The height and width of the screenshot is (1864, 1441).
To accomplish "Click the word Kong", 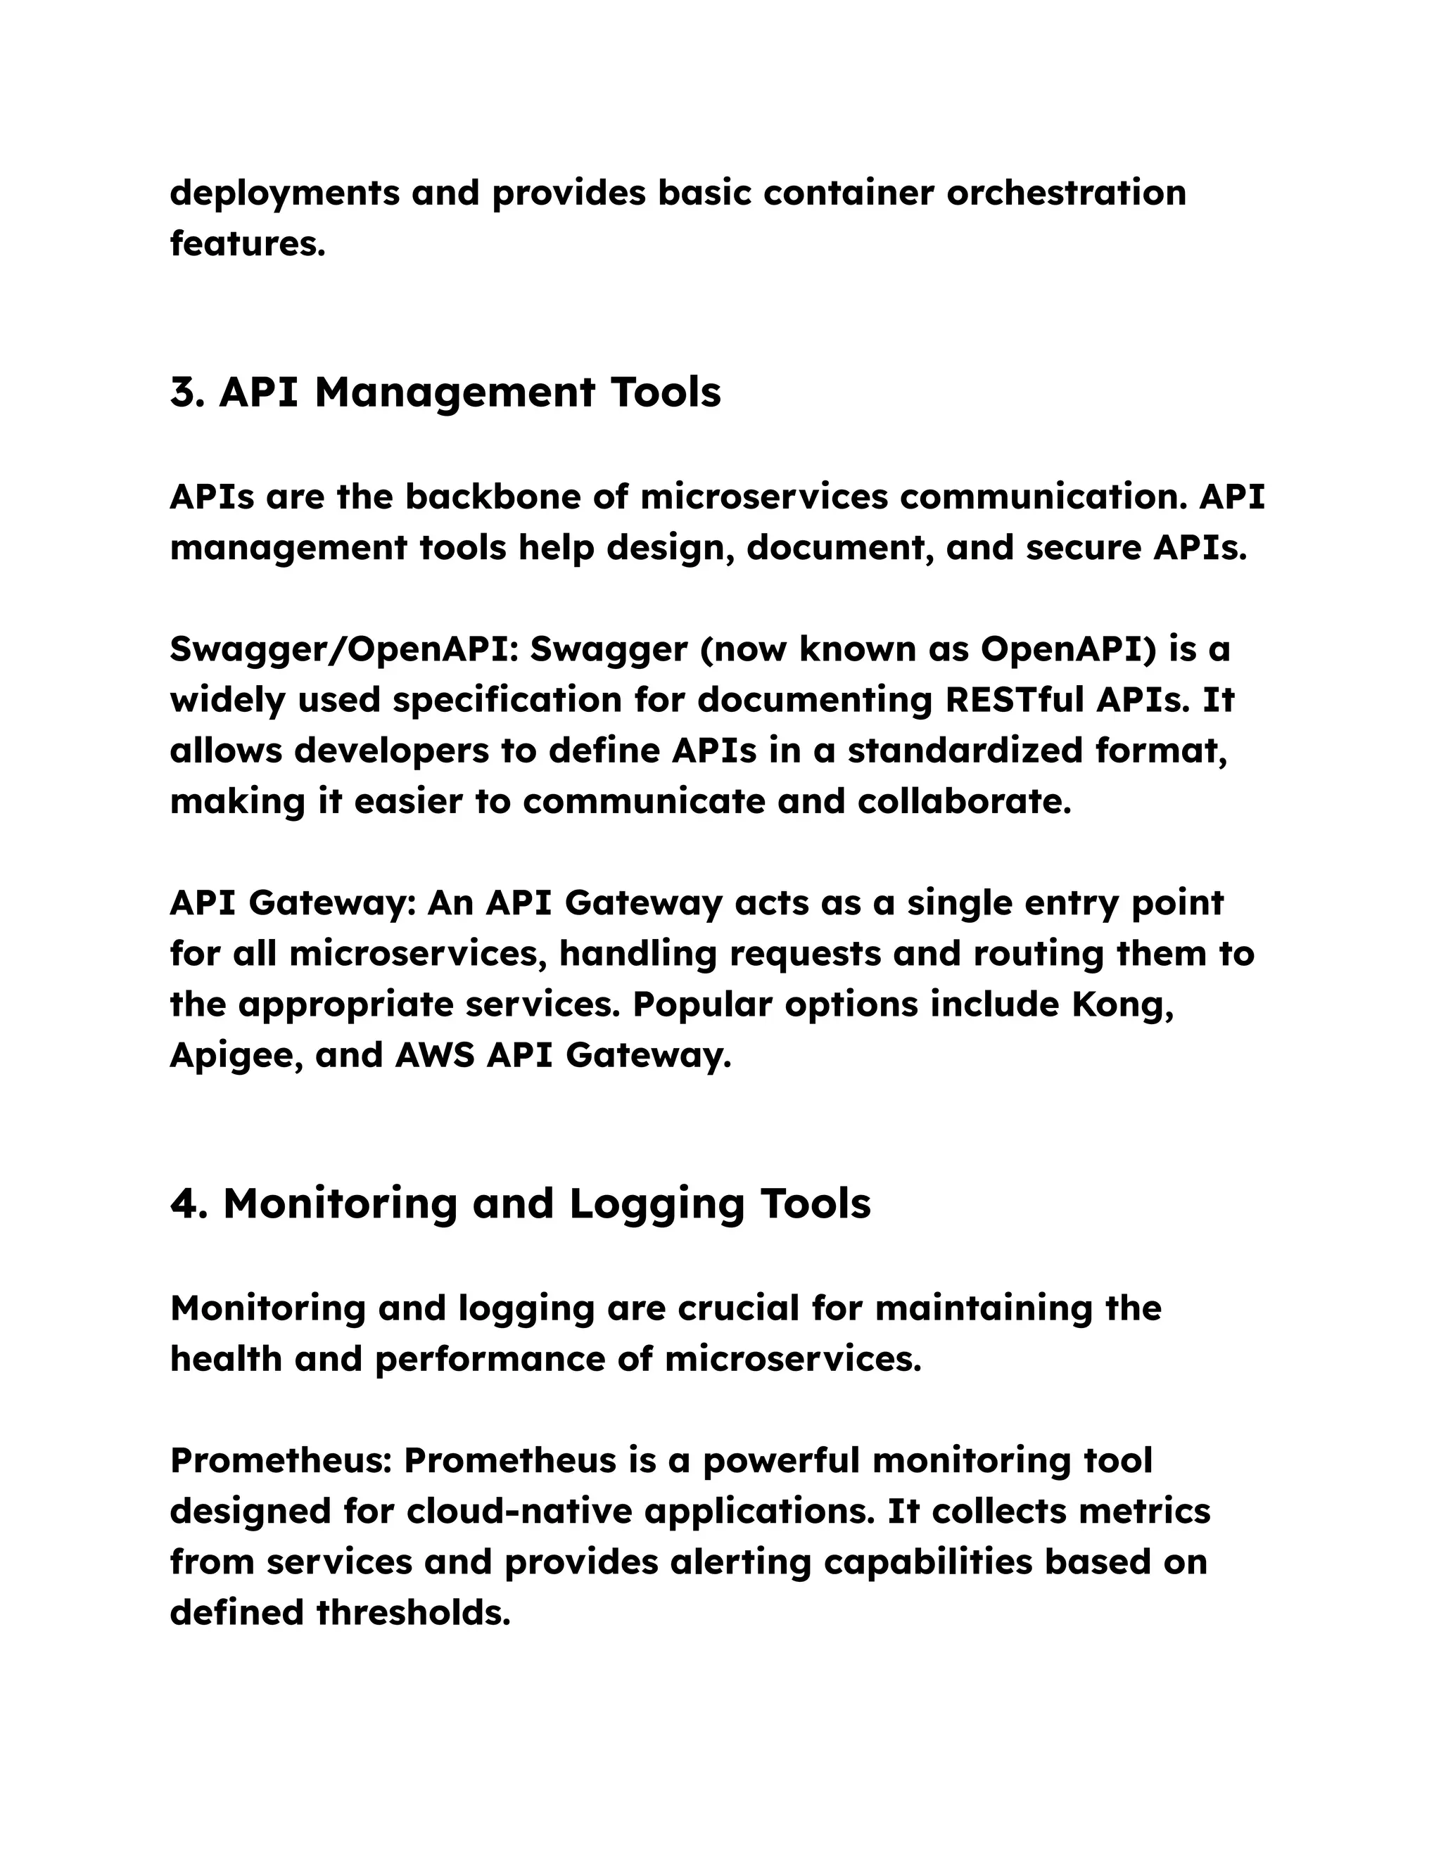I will tap(1122, 1004).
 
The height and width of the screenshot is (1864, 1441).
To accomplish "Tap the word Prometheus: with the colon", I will tap(281, 1460).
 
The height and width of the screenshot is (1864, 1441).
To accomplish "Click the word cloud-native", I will tap(519, 1512).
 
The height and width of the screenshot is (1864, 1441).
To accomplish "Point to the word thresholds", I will tap(413, 1613).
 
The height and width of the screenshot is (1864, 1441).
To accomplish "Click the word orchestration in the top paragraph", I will tap(1066, 193).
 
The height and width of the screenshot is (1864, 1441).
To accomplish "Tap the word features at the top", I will tap(248, 244).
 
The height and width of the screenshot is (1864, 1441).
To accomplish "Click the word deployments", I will tap(284, 193).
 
